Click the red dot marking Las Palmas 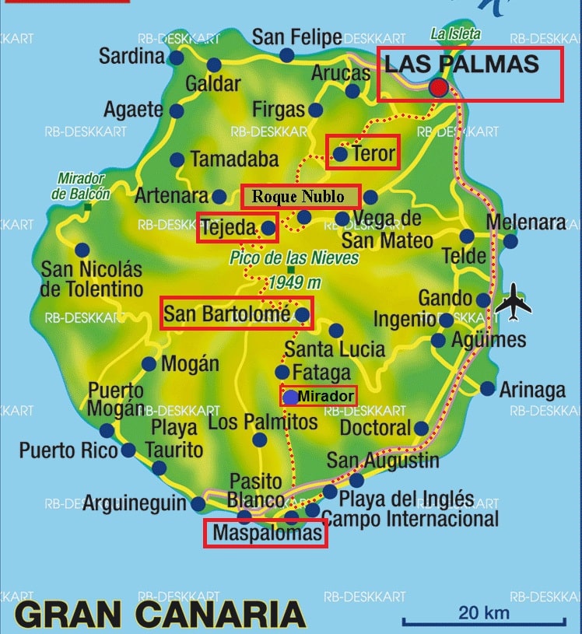pos(439,87)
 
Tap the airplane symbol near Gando pos(514,302)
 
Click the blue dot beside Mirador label pos(290,398)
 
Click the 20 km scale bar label pos(484,611)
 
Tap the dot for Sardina pos(177,58)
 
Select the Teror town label pos(373,153)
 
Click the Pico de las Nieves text pos(294,257)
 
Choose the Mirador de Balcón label pos(81,187)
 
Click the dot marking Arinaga pos(488,388)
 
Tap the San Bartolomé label pos(226,314)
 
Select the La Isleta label pos(455,34)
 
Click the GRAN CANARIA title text pos(160,615)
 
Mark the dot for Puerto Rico pos(128,450)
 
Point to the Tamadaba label pos(234,159)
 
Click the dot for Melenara pos(510,241)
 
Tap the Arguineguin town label pos(135,503)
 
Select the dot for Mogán pos(149,363)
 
